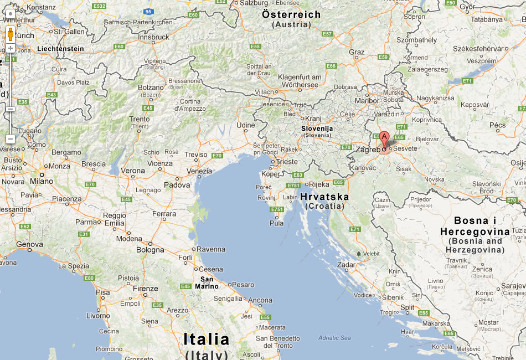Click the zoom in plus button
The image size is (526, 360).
(x=10, y=48)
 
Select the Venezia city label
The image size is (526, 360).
(x=199, y=171)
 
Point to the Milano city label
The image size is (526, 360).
(x=42, y=181)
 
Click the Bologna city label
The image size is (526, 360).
(x=150, y=250)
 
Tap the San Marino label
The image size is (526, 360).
(x=207, y=282)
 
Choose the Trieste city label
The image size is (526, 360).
(x=287, y=162)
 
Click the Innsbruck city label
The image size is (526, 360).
(x=154, y=37)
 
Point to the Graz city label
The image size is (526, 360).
(x=357, y=52)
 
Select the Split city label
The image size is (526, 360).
(x=407, y=307)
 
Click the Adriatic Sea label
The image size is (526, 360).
(x=334, y=337)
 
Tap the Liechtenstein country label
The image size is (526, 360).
(x=60, y=49)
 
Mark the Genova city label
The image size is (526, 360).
(x=29, y=244)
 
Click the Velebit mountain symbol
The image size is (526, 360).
(x=359, y=254)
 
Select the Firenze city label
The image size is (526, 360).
(x=145, y=289)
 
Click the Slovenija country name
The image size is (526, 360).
(x=317, y=128)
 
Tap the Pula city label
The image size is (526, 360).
(x=276, y=223)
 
